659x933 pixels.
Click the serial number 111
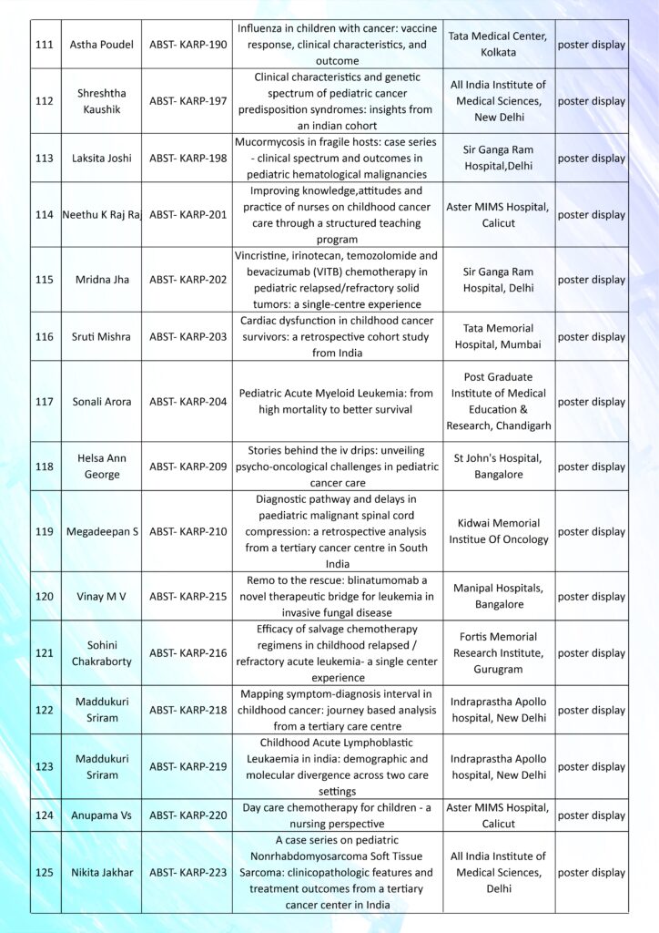point(44,45)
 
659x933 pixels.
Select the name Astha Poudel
point(101,45)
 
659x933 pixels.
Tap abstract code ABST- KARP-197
point(188,101)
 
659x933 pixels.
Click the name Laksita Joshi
point(101,158)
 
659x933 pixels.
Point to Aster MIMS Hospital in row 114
point(498,215)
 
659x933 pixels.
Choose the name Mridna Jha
point(101,280)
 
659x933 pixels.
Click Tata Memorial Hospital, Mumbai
point(498,336)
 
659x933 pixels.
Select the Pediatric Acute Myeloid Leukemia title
point(336,402)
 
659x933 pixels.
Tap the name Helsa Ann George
point(101,466)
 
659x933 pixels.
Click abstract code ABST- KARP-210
point(188,531)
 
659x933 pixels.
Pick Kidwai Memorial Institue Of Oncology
point(498,531)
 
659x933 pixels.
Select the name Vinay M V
point(101,596)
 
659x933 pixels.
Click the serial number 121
point(44,653)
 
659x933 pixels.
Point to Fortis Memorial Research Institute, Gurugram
point(498,653)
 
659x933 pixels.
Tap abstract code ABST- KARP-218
point(188,710)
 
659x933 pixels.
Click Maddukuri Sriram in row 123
point(101,766)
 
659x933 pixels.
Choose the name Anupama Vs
point(101,815)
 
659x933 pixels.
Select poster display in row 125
point(592,872)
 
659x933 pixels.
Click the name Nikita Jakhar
point(101,872)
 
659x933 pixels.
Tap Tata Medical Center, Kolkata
point(498,45)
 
